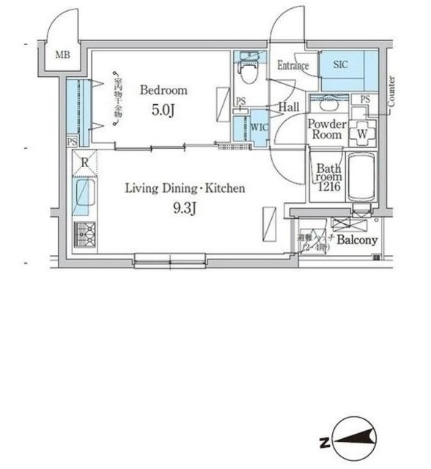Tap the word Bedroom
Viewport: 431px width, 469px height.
[x=163, y=91]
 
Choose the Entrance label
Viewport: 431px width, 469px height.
[x=293, y=66]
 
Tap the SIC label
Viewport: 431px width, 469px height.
[x=342, y=65]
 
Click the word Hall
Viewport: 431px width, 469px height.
[x=287, y=107]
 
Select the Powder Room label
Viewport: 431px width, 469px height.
[x=326, y=130]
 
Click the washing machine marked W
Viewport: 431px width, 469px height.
[x=361, y=134]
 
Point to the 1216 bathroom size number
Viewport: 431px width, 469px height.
[x=326, y=187]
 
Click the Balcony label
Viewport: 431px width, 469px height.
[x=357, y=240]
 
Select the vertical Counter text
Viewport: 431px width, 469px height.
[x=392, y=92]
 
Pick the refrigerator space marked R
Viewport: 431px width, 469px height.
[x=86, y=163]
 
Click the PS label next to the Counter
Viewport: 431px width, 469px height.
[x=364, y=100]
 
